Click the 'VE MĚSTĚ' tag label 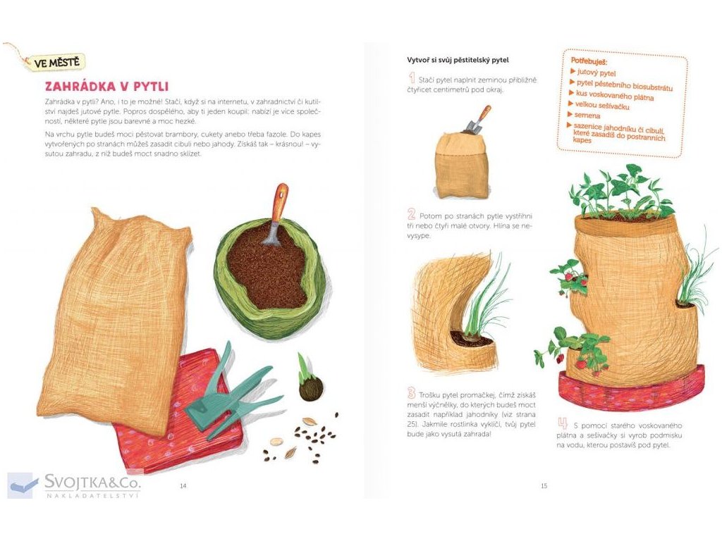(56, 62)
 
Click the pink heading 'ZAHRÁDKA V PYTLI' (107, 87)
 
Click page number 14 (183, 486)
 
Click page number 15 (544, 486)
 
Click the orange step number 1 (412, 78)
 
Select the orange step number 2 (412, 214)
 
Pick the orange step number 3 (412, 393)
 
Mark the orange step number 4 (563, 423)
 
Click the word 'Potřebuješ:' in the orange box (589, 61)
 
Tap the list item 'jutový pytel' (596, 73)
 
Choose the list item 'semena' (587, 115)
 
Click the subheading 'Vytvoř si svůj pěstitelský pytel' (458, 60)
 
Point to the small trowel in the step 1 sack (477, 120)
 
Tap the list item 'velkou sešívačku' (602, 106)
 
